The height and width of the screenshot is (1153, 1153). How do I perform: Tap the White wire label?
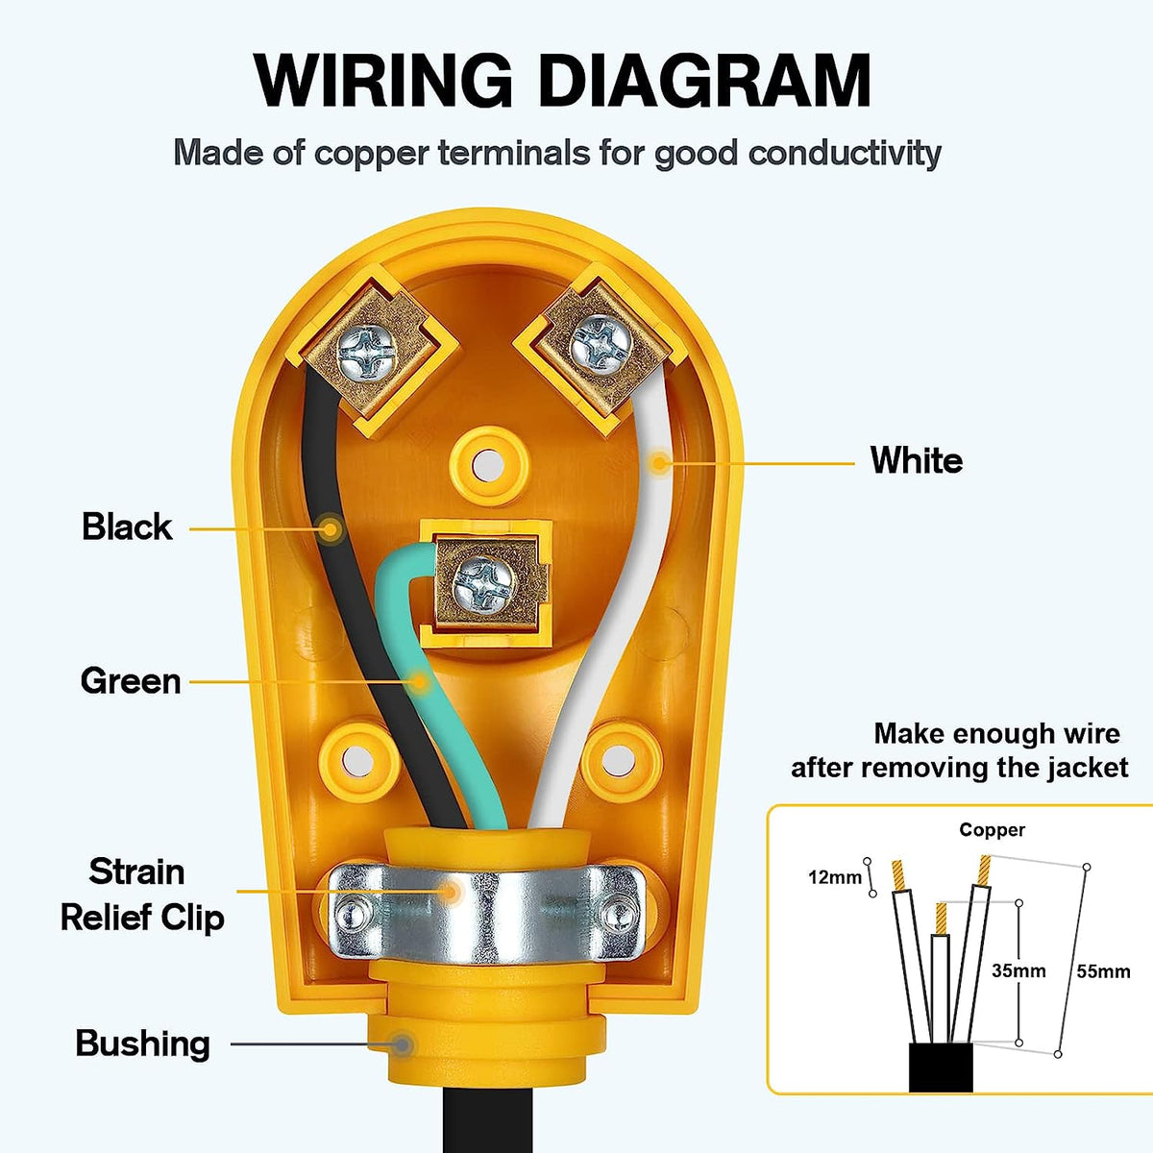(x=916, y=460)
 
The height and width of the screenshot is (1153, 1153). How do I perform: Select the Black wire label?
(x=127, y=527)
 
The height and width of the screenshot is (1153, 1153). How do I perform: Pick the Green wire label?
(x=131, y=681)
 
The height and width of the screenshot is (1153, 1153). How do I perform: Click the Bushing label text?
(x=142, y=1043)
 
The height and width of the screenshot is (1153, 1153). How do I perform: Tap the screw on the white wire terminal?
(x=597, y=342)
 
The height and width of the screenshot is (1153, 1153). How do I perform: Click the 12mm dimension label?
(x=834, y=877)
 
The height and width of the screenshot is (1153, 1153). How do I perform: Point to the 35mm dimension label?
(x=1018, y=971)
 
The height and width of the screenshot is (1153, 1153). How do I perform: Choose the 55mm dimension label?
(x=1103, y=971)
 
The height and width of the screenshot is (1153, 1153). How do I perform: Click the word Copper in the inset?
(x=992, y=830)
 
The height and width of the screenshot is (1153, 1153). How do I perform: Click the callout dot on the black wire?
(x=331, y=527)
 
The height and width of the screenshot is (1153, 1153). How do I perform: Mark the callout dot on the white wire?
(x=659, y=463)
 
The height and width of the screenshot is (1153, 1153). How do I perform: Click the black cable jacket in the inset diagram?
(x=942, y=1067)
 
